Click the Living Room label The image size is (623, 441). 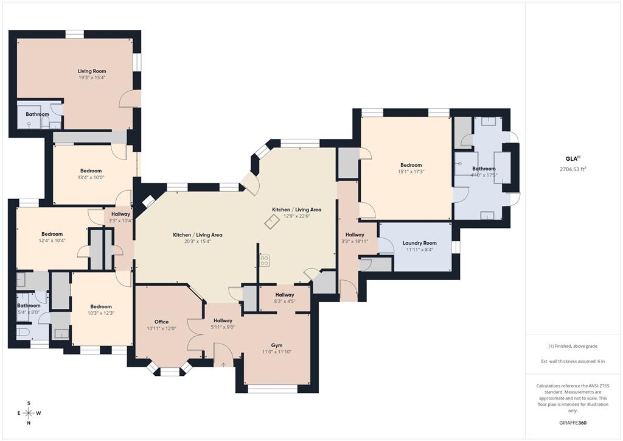[x=92, y=71]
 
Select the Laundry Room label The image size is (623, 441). [x=419, y=243]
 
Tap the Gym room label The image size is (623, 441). [x=276, y=345]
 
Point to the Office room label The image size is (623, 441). [x=161, y=322]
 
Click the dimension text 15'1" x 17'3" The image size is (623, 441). [x=411, y=172]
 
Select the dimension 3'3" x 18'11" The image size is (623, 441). [x=355, y=241]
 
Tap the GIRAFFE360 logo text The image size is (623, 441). [x=573, y=423]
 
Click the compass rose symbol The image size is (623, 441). [x=29, y=413]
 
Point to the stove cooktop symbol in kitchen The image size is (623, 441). [x=265, y=260]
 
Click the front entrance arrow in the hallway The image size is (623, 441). [x=223, y=364]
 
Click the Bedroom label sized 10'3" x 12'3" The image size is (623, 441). [x=101, y=306]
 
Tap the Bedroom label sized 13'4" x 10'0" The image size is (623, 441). [x=91, y=171]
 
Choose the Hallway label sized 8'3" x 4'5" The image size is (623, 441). [x=285, y=294]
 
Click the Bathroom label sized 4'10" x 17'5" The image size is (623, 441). [x=484, y=169]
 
